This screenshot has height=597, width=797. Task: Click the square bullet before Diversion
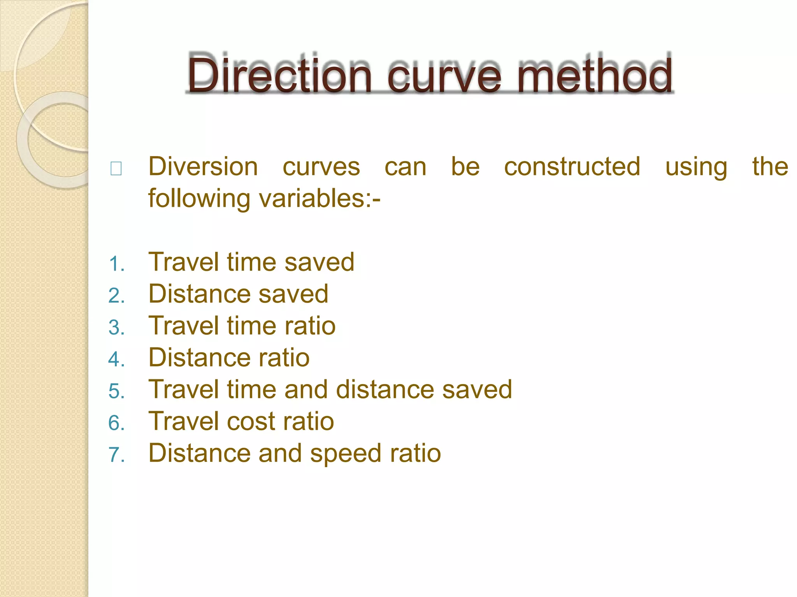[x=116, y=169]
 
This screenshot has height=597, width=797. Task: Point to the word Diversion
[x=203, y=167]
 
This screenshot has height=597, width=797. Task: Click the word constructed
[x=572, y=167]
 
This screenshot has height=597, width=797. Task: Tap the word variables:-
[x=320, y=199]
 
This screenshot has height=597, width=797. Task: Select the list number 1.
[x=116, y=264]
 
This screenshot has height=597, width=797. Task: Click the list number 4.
[x=116, y=360]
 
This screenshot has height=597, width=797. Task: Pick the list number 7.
[x=116, y=455]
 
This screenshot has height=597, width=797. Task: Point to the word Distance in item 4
[x=200, y=358]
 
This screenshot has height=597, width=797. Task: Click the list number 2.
[x=116, y=296]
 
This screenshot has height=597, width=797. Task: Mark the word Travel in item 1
[x=184, y=262]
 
